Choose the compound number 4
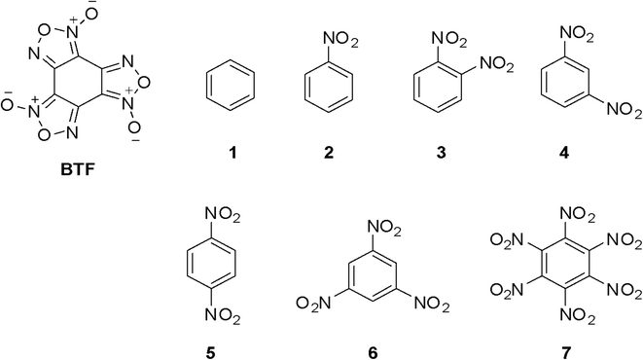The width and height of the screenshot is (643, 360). pos(563,154)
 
